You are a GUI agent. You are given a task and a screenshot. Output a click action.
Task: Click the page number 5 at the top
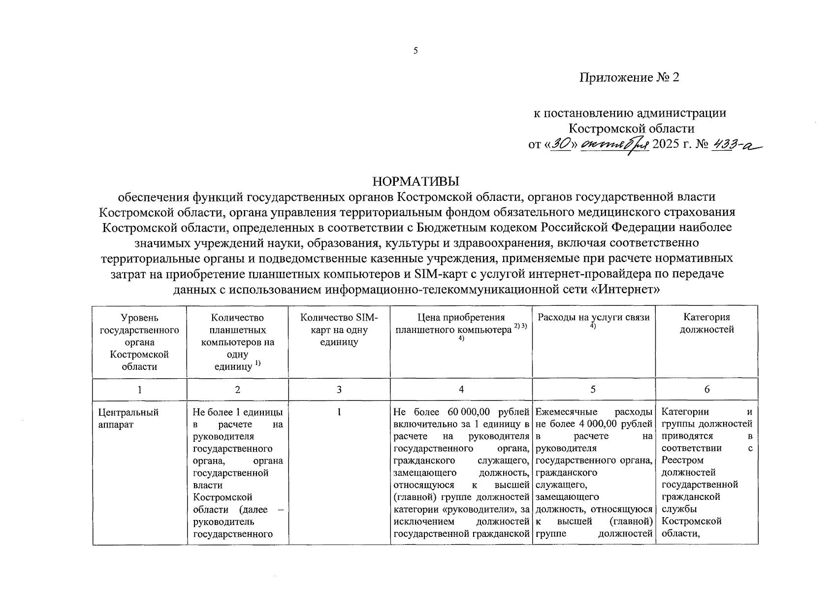416,50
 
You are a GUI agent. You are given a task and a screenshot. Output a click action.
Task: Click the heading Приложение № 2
629,77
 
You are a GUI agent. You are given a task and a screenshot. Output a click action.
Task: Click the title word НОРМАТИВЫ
416,181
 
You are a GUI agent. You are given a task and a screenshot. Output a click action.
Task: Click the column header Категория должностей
706,324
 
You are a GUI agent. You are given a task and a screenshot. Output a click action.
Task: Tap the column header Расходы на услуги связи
593,318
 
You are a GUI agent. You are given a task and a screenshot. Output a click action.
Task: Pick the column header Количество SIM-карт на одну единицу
339,329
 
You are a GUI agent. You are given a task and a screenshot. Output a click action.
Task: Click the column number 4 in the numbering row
461,390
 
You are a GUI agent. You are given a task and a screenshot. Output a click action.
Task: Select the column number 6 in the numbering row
706,390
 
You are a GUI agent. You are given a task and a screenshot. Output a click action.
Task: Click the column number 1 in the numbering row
139,390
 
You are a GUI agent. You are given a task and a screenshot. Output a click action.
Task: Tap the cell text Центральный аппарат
121,418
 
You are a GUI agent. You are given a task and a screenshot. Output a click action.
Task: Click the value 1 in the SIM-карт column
339,412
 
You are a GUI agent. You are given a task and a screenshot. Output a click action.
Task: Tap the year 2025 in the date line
665,144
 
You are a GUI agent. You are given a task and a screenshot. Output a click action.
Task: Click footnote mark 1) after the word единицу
257,364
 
